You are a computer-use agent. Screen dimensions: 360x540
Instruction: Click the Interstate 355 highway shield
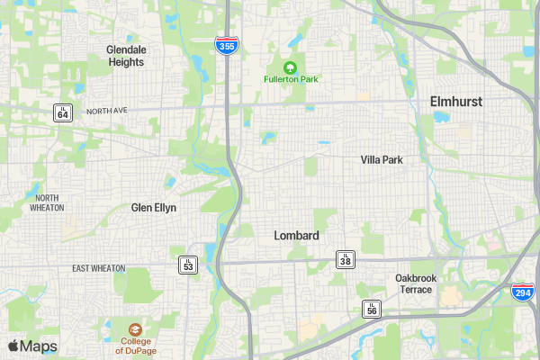(228, 45)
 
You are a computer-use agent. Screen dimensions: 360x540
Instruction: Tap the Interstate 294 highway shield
(521, 292)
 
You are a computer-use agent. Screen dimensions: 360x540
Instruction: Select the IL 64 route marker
(62, 112)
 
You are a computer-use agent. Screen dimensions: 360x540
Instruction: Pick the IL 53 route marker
(187, 264)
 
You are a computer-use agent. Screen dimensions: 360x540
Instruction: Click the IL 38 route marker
(346, 259)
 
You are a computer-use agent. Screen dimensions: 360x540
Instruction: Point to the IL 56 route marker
(371, 310)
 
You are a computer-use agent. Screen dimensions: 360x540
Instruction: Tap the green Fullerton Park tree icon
(291, 67)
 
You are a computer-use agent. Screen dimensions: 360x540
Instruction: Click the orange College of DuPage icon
(134, 330)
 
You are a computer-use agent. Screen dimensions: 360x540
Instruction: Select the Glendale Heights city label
(125, 56)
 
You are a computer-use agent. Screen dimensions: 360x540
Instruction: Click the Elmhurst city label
(455, 102)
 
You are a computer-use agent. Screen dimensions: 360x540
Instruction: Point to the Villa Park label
(382, 159)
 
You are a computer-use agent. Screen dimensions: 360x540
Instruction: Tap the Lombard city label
(296, 236)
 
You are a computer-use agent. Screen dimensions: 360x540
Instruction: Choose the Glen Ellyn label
(154, 207)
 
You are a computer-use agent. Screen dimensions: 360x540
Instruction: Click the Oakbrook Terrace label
(416, 283)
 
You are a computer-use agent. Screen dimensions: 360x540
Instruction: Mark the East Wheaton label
(99, 268)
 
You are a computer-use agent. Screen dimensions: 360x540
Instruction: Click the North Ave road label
(108, 112)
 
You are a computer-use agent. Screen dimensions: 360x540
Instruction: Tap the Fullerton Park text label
(291, 79)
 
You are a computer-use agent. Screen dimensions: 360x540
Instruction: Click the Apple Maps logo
(32, 346)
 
